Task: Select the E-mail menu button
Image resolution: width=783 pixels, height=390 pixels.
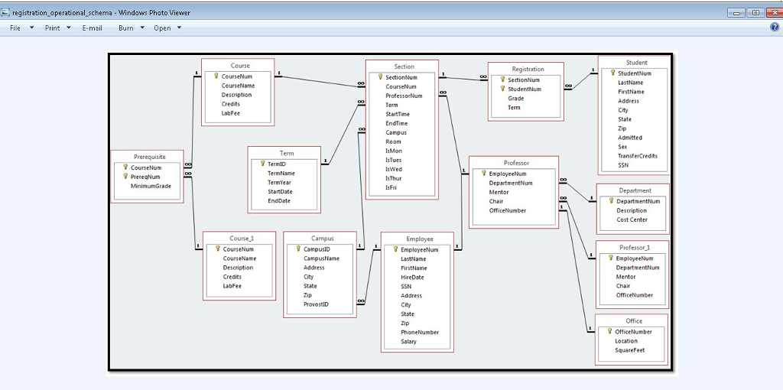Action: point(92,28)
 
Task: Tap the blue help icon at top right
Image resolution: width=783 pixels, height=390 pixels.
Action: point(775,28)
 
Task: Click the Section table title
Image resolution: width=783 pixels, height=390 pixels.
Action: point(404,67)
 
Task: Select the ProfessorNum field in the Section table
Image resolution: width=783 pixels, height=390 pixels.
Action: point(404,96)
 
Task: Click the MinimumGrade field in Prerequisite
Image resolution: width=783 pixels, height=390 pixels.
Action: point(151,186)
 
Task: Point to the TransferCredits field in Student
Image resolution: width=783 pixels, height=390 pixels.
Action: point(637,156)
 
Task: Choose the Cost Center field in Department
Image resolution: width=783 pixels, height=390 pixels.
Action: point(632,219)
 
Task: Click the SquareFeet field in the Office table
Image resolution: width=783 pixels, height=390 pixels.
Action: point(630,350)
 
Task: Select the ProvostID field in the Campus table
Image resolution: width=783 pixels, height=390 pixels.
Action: point(316,304)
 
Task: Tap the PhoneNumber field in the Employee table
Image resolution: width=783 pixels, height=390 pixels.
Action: point(420,332)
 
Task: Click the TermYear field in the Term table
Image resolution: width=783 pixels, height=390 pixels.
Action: point(279,183)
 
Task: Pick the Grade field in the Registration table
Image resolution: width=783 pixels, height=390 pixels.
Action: point(515,98)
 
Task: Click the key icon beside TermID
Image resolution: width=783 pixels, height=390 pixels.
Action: point(262,164)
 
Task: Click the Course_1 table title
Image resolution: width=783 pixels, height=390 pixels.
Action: point(242,239)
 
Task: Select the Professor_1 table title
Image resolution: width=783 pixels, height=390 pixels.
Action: point(634,248)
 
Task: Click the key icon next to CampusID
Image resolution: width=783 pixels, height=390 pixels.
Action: point(298,249)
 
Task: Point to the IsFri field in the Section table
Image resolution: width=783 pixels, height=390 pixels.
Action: point(391,187)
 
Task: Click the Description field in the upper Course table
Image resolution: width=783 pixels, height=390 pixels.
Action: point(236,95)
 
